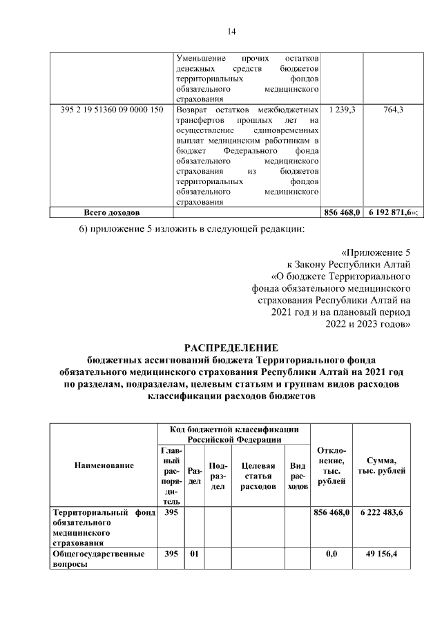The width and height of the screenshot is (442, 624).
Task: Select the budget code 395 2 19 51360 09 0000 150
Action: click(112, 110)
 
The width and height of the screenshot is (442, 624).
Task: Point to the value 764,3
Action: click(392, 110)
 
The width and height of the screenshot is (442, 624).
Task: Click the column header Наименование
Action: click(104, 466)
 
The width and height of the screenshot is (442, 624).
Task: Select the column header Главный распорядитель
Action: click(173, 476)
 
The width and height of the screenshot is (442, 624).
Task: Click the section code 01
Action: click(195, 553)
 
